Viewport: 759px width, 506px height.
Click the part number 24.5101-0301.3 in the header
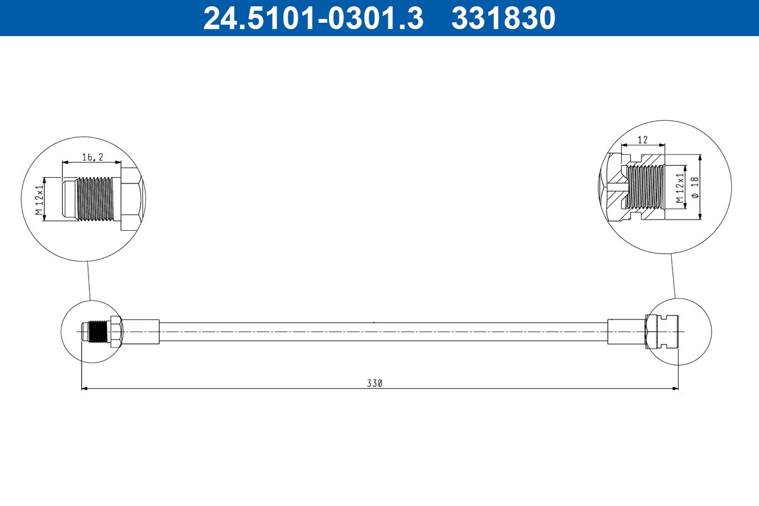pyautogui.click(x=312, y=18)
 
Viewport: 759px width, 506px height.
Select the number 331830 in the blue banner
pyautogui.click(x=503, y=18)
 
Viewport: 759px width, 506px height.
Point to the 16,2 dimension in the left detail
pyautogui.click(x=92, y=157)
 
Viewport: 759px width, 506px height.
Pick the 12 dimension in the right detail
pyautogui.click(x=643, y=139)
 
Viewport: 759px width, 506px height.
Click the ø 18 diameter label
pyautogui.click(x=694, y=187)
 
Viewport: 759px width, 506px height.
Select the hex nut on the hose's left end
pyautogui.click(x=115, y=331)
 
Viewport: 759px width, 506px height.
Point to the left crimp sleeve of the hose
pyautogui.click(x=140, y=331)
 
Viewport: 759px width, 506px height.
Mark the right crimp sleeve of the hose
pyautogui.click(x=626, y=331)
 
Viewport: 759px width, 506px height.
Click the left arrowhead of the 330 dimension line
pyautogui.click(x=85, y=389)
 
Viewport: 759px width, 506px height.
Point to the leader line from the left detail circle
pyautogui.click(x=88, y=281)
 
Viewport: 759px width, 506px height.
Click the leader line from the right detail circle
pyautogui.click(x=672, y=275)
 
